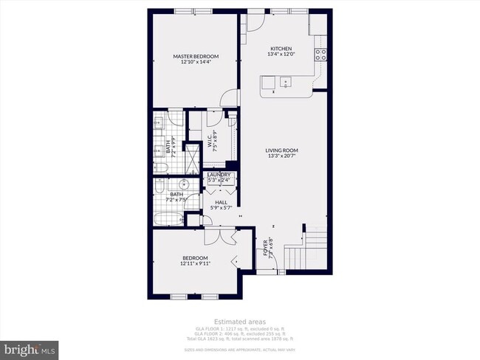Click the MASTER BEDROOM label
point(196,59)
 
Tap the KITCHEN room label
point(281,51)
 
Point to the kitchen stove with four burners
point(321,54)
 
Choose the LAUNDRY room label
point(219,177)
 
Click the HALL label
point(221,204)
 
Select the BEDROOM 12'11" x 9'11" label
point(195,260)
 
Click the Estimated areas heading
point(240,322)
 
